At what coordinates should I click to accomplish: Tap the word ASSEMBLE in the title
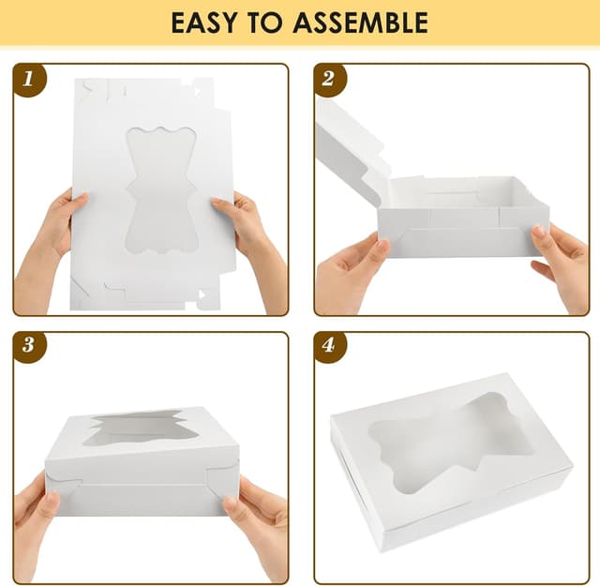coord(361,23)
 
